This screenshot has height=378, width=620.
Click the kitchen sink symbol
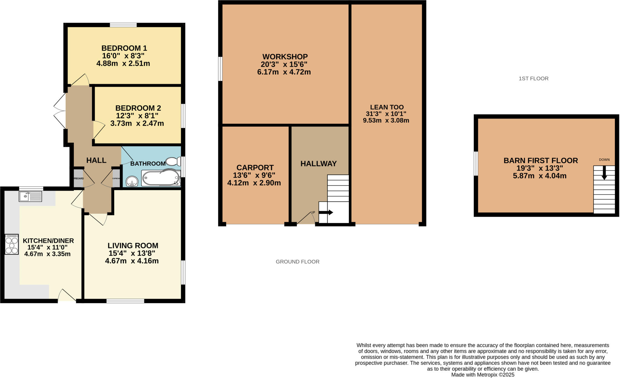tap(30, 197)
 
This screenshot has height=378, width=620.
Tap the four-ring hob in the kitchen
tap(12, 245)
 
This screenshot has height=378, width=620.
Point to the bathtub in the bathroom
tap(160, 178)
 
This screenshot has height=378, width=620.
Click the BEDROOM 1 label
tap(124, 48)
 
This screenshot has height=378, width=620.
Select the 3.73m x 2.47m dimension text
tap(137, 123)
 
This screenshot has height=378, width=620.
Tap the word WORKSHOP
tap(285, 57)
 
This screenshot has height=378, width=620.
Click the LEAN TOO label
tap(387, 107)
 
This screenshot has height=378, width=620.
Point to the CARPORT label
tap(255, 167)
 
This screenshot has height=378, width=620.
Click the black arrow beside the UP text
tap(326, 212)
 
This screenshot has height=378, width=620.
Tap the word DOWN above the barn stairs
tap(604, 160)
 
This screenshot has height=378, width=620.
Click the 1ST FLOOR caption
tap(533, 79)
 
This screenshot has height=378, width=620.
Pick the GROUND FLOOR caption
tap(297, 262)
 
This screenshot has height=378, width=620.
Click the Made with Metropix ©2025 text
tap(483, 375)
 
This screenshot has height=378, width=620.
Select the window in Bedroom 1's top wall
tap(123, 25)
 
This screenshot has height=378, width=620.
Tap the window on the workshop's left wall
tap(220, 69)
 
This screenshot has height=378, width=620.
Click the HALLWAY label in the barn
tap(318, 164)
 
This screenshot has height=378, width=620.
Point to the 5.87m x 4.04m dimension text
tap(539, 176)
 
